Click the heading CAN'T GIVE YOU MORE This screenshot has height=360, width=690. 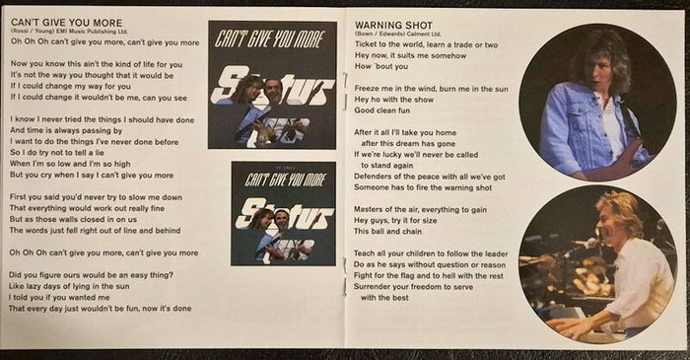(x=67, y=23)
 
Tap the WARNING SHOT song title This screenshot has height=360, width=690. (x=394, y=26)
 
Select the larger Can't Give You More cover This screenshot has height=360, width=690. (x=272, y=85)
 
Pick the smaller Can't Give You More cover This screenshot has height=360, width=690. (x=284, y=213)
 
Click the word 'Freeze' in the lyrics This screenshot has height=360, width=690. (x=367, y=89)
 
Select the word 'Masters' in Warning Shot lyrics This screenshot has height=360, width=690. (x=369, y=209)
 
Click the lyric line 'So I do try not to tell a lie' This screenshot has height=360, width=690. (x=57, y=153)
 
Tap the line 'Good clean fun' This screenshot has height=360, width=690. (x=382, y=110)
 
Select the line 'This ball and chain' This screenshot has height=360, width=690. (x=387, y=232)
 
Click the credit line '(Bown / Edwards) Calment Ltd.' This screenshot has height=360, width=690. (x=398, y=34)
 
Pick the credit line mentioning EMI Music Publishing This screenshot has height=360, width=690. (x=70, y=32)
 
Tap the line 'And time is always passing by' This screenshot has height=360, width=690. (x=66, y=131)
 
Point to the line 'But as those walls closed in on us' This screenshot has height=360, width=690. (x=73, y=219)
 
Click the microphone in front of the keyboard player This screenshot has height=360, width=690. (x=586, y=245)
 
